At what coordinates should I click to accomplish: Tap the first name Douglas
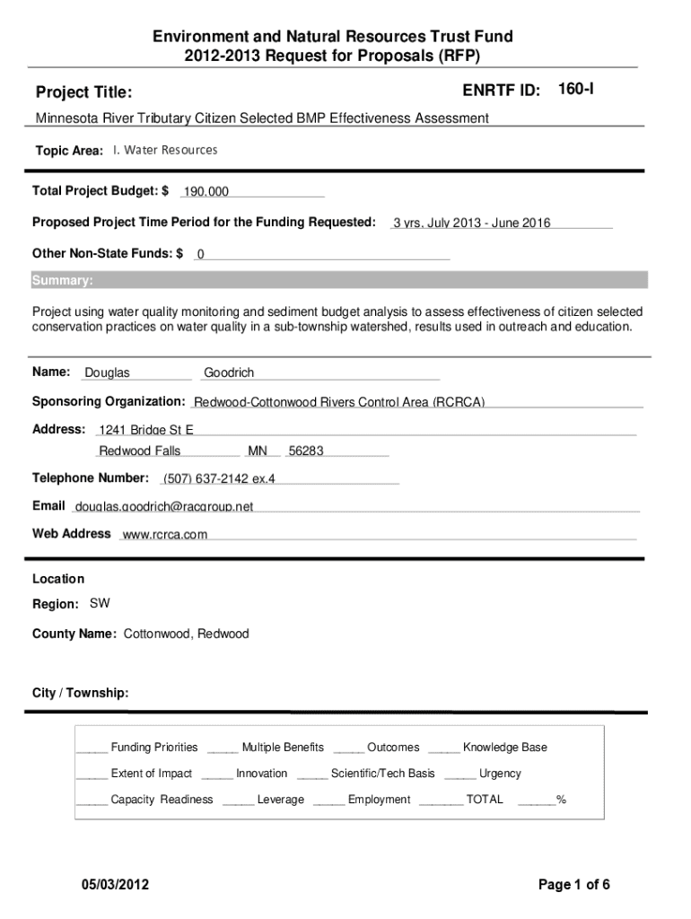point(107,372)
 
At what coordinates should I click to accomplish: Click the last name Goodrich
point(229,372)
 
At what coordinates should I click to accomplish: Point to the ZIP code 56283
point(306,451)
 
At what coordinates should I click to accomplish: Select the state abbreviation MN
point(258,451)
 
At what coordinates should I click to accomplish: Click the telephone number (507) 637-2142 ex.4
point(219,478)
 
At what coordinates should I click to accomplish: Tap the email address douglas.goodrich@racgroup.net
point(164,506)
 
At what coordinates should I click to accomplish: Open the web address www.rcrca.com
point(164,534)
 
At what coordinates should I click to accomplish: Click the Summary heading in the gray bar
point(62,281)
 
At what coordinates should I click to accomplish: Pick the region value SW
point(100,603)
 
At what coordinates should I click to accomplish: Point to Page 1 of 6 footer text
point(574,885)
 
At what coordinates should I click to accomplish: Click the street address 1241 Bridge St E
point(145,430)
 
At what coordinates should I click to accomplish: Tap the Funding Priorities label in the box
point(153,748)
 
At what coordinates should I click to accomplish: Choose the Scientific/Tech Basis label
point(382,774)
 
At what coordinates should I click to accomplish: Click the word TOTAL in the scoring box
point(485,800)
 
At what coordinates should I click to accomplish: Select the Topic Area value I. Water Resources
point(165,150)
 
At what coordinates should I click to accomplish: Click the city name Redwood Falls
point(139,451)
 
